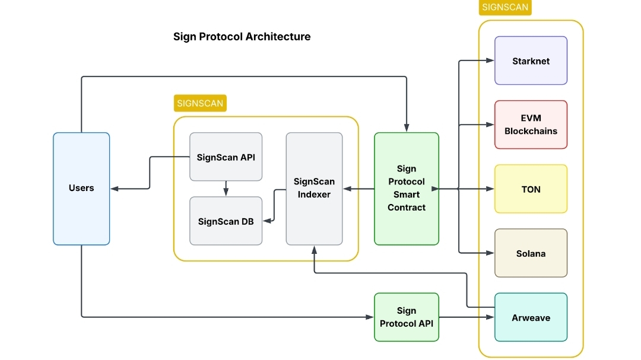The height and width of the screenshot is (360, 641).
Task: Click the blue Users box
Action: pos(81,188)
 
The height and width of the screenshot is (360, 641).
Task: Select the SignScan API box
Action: pos(226,157)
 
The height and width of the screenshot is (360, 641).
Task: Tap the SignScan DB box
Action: pos(226,221)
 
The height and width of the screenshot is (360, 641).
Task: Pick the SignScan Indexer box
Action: pos(314,188)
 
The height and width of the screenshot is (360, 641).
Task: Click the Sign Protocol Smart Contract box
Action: pos(407,188)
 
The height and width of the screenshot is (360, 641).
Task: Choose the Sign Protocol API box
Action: pos(407,317)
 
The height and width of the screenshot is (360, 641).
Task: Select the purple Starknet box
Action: pos(531,60)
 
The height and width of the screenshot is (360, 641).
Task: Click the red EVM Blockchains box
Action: pos(531,125)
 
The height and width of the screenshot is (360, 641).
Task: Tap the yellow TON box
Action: pos(531,189)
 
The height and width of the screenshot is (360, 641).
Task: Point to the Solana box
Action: pos(531,253)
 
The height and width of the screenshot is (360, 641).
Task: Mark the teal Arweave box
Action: pos(531,317)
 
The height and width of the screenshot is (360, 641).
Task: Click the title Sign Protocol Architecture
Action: pos(242,37)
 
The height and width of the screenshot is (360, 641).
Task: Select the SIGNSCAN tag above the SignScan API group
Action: pos(200,103)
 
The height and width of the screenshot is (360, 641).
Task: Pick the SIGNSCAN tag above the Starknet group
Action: pos(505,7)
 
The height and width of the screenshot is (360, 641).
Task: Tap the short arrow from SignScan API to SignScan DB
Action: pos(226,189)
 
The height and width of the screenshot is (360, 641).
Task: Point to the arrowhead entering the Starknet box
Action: pos(491,60)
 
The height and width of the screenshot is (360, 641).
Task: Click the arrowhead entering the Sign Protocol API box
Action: pos(370,317)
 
